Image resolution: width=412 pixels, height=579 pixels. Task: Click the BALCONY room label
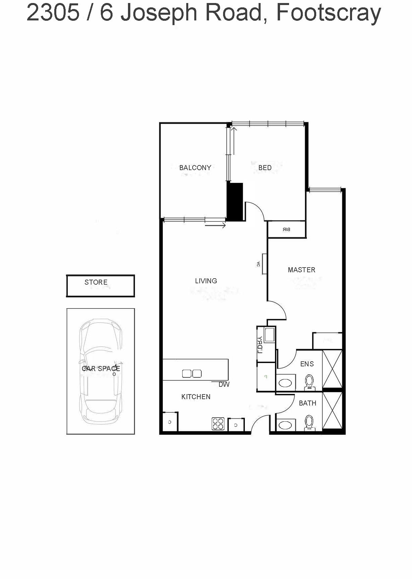click(195, 167)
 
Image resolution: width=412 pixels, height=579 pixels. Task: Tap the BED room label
click(265, 167)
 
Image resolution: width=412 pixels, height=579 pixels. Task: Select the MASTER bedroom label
click(301, 270)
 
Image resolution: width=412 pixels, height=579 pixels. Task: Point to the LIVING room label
click(206, 281)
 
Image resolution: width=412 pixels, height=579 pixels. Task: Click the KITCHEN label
click(196, 397)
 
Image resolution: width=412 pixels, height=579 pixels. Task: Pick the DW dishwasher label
click(224, 384)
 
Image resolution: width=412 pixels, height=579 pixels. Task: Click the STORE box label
click(96, 282)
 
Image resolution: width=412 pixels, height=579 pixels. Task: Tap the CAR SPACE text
click(100, 369)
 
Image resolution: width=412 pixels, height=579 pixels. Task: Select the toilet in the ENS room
click(309, 382)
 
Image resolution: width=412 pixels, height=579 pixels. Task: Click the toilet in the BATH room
click(309, 423)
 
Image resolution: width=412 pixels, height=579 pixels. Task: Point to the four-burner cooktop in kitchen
click(218, 424)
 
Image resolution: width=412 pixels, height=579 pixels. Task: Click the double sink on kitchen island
click(192, 373)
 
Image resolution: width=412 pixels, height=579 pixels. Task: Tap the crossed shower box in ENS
click(332, 369)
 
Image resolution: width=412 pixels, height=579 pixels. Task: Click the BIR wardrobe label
click(286, 229)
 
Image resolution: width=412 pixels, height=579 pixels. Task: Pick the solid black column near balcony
click(235, 202)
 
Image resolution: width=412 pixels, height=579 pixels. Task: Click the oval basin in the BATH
click(285, 425)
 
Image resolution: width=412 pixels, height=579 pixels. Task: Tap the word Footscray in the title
click(329, 13)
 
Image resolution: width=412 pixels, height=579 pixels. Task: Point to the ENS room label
click(307, 364)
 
